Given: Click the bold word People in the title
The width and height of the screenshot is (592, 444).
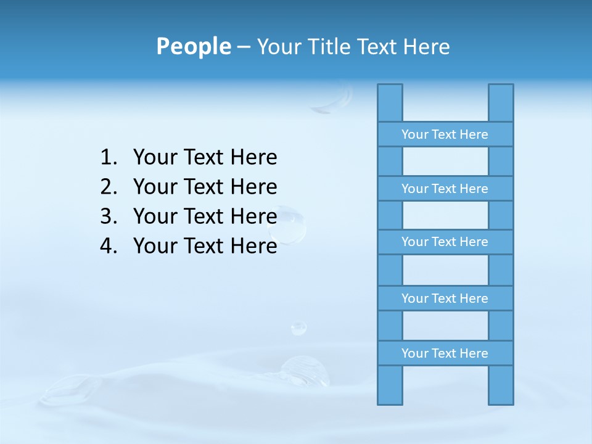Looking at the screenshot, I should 193,46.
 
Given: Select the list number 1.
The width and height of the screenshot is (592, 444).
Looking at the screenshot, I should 109,158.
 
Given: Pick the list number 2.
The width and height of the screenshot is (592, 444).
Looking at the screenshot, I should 109,187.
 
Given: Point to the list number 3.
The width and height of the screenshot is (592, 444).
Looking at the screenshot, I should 109,216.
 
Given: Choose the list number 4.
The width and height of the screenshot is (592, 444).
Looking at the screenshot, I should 109,246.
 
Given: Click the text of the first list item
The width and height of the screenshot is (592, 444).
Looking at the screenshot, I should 205,158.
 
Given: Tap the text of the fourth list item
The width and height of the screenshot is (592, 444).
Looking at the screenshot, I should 205,246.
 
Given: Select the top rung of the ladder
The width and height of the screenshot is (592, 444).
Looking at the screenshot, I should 445,134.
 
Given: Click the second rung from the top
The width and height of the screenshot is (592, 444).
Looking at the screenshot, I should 445,189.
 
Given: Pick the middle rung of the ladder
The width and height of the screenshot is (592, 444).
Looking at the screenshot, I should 445,242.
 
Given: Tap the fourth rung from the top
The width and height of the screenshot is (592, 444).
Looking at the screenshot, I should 445,298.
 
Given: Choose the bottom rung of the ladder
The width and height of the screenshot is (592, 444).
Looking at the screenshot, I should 445,353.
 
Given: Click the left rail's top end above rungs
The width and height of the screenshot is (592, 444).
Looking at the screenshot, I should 390,102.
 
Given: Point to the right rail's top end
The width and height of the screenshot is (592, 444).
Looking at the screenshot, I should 501,102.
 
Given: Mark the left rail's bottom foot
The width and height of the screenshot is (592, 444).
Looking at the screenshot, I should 390,385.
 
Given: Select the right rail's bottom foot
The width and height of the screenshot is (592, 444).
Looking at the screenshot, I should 501,385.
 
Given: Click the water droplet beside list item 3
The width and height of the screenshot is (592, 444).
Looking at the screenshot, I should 289,226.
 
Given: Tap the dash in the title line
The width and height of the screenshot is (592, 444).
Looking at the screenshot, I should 244,47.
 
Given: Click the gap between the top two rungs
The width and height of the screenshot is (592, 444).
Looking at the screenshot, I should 445,162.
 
